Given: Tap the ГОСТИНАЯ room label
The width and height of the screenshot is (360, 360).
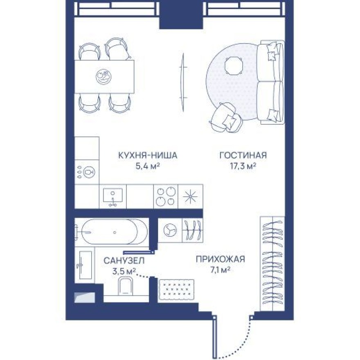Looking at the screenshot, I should pyautogui.click(x=243, y=155).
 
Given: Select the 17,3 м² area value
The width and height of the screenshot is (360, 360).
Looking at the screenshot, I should pyautogui.click(x=243, y=166).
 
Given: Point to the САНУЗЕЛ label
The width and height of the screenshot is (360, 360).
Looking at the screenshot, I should pyautogui.click(x=124, y=260).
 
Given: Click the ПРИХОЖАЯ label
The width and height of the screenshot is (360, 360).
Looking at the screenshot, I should pyautogui.click(x=220, y=259).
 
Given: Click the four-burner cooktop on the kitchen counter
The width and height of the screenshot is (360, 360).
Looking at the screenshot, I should pyautogui.click(x=166, y=196).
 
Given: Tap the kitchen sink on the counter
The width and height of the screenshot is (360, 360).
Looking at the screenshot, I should pyautogui.click(x=112, y=196).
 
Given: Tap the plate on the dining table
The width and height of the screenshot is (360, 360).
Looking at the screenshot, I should pyautogui.click(x=102, y=76).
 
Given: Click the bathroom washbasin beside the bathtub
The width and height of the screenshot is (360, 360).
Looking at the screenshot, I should pyautogui.click(x=84, y=265).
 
